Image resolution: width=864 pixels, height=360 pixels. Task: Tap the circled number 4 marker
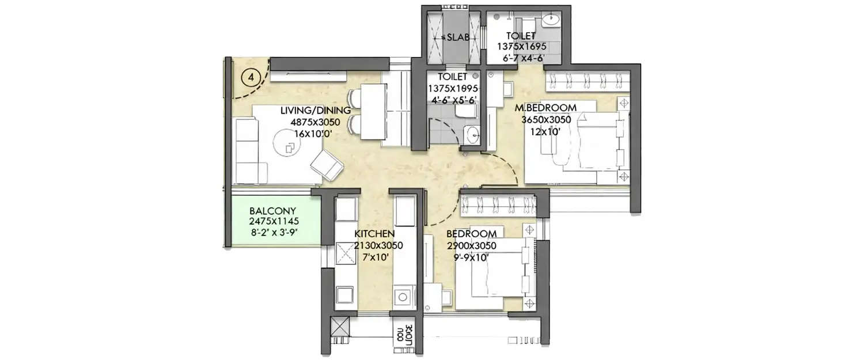(x=248, y=76)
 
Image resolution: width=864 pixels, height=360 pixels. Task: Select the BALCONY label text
(x=264, y=211)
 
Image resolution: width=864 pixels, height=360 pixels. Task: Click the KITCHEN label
(x=374, y=234)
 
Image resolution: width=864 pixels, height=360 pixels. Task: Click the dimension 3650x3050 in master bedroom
(x=545, y=120)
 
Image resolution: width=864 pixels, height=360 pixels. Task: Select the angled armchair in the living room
(x=327, y=163)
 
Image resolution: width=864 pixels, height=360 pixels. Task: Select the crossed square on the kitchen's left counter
(x=347, y=252)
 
